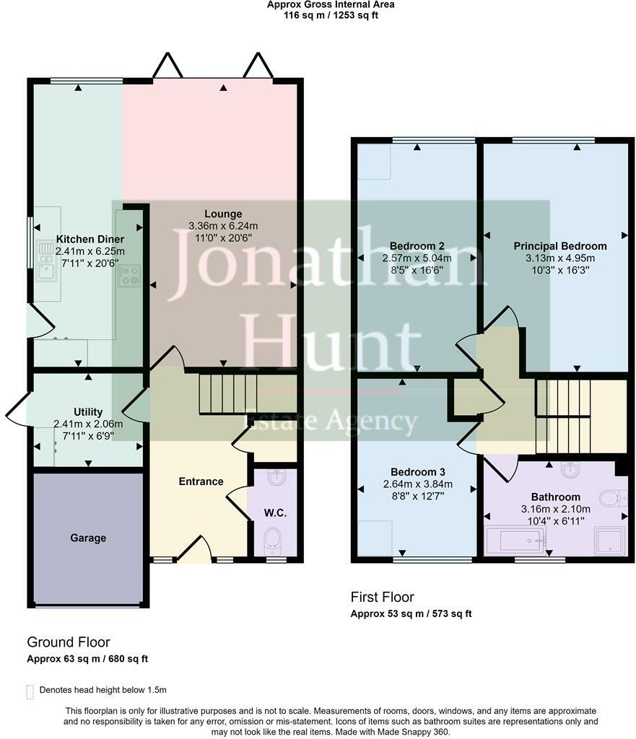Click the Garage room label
[x=88, y=538]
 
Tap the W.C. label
[x=275, y=513]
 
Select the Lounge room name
[x=223, y=214]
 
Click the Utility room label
[x=88, y=412]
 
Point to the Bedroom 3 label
[x=418, y=472]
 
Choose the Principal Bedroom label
[x=560, y=246]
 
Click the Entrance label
[x=201, y=481]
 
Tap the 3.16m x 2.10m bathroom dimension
[x=556, y=509]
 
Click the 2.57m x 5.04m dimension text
[x=417, y=258]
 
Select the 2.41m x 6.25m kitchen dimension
[x=90, y=251]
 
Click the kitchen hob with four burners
[x=129, y=276]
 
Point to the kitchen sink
[x=47, y=261]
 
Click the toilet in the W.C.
[x=273, y=541]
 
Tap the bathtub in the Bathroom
[x=515, y=540]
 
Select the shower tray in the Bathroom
[x=610, y=540]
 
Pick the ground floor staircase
[x=228, y=395]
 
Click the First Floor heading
[x=383, y=597]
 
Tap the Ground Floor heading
[x=69, y=642]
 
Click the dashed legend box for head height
[x=30, y=692]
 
